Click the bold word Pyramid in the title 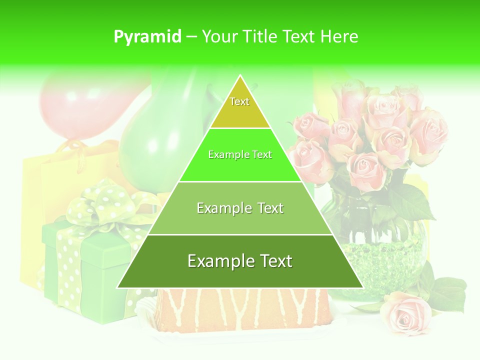coord(147,37)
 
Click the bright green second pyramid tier coord(240,165)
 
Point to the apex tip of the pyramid coord(240,76)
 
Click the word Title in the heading coord(260,37)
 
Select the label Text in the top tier coord(239,101)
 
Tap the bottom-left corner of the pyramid coord(118,287)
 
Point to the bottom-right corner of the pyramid coord(362,287)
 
